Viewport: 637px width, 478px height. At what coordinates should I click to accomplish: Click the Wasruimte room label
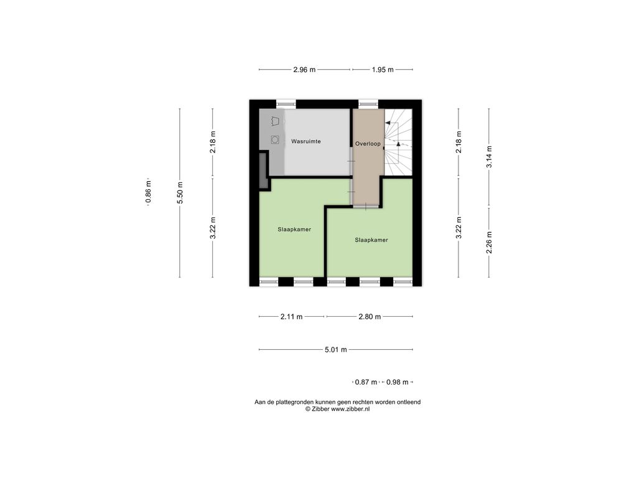306,141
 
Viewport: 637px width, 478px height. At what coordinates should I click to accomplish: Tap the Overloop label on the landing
368,144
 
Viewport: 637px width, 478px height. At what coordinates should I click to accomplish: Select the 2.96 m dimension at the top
304,70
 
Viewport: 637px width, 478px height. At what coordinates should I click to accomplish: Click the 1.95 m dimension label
383,70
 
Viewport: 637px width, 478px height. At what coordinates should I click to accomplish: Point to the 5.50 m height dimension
180,193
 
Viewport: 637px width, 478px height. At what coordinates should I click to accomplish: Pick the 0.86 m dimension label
148,192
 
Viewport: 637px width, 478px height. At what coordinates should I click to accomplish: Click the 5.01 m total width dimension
336,350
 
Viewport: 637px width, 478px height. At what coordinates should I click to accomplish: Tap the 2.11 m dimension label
292,317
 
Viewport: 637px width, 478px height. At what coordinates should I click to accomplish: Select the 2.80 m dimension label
370,317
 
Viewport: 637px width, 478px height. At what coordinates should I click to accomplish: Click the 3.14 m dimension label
490,156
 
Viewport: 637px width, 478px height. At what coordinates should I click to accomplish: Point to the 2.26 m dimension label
490,243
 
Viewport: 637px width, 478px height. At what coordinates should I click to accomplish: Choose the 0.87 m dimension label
366,382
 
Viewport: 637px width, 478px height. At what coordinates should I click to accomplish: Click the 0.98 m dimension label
398,382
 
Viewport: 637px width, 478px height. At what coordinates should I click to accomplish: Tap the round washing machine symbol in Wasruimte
275,140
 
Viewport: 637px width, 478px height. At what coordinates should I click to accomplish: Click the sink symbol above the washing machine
276,121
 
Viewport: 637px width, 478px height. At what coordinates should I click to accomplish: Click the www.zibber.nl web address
350,410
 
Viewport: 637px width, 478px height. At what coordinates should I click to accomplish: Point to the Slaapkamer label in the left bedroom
294,229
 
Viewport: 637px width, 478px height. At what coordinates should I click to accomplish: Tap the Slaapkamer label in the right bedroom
371,240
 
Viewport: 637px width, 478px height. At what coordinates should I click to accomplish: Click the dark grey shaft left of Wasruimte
263,171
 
